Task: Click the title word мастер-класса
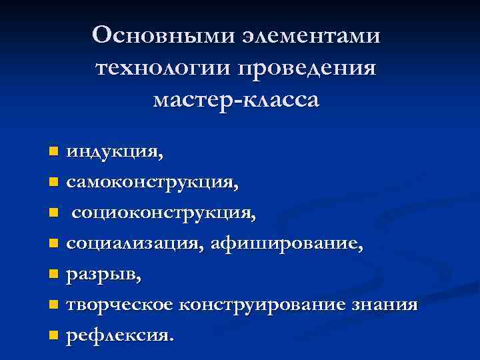pos(236,100)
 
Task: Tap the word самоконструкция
pos(151,181)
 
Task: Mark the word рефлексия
pos(117,335)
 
